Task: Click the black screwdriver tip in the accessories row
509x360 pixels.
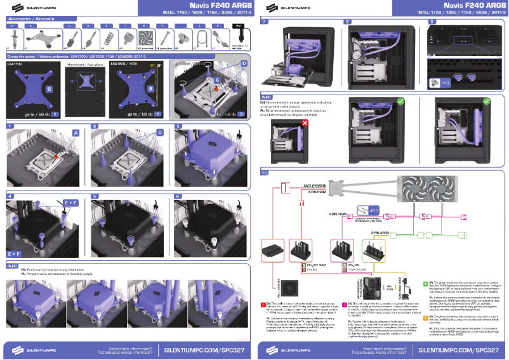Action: [x=239, y=37]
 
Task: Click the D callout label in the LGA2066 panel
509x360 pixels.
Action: [x=244, y=64]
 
